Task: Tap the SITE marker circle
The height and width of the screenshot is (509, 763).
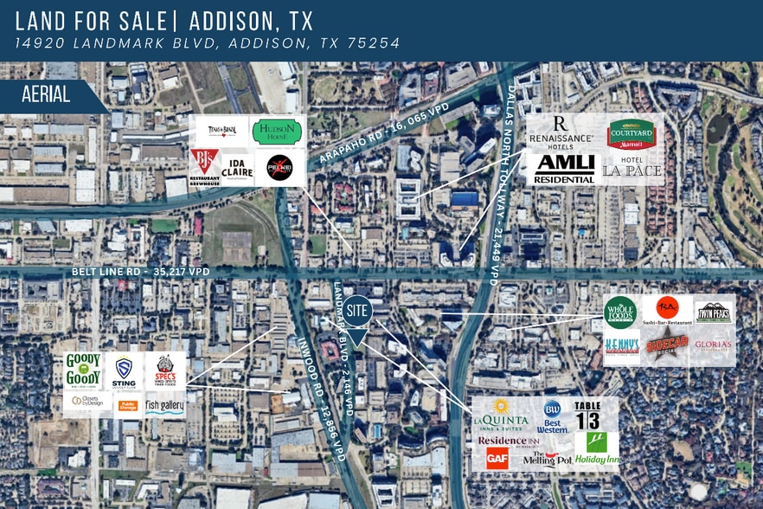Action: point(357,309)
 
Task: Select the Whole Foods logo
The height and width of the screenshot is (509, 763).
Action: point(619,312)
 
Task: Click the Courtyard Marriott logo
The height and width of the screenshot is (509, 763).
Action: point(631,134)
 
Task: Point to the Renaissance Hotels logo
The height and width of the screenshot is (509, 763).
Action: point(561,131)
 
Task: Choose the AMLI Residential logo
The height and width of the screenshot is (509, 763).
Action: point(564,167)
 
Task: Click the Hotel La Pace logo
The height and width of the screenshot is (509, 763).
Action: point(632,169)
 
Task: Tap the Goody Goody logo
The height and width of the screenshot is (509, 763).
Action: point(84,370)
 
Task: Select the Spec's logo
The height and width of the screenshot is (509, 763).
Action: point(165,370)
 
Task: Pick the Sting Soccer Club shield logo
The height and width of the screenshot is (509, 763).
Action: point(125,370)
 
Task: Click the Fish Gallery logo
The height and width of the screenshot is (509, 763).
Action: point(164,405)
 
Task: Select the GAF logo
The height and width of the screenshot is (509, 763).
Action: point(497,459)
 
